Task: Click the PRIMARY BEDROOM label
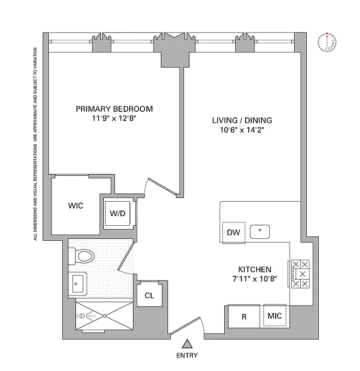pyautogui.click(x=114, y=109)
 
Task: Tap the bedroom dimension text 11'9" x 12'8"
pyautogui.click(x=114, y=119)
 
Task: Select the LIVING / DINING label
pyautogui.click(x=242, y=120)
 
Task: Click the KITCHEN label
pyautogui.click(x=254, y=269)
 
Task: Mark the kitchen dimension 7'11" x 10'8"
pyautogui.click(x=254, y=280)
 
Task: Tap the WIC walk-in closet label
pyautogui.click(x=76, y=206)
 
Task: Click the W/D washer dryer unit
pyautogui.click(x=117, y=213)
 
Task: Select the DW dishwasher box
pyautogui.click(x=234, y=232)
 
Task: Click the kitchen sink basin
pyautogui.click(x=260, y=230)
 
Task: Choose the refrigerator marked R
pyautogui.click(x=244, y=317)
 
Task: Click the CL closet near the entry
pyautogui.click(x=149, y=295)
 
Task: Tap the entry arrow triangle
pyautogui.click(x=187, y=344)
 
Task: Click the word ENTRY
pyautogui.click(x=187, y=356)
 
